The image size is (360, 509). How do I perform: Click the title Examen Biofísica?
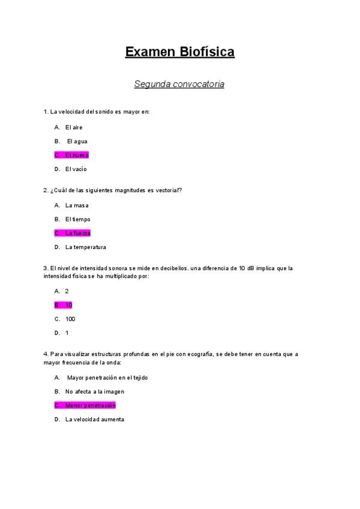179,52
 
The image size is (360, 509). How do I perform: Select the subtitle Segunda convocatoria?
179,84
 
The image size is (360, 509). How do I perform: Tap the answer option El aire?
74,127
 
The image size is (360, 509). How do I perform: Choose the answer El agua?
77,141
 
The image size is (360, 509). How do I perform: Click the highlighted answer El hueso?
76,155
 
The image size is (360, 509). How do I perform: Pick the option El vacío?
76,169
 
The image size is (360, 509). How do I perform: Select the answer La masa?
77,205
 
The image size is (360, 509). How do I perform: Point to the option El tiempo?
77,219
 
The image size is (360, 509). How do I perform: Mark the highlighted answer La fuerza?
77,233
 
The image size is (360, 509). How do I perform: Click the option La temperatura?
85,247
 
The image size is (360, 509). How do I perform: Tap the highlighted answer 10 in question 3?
68,305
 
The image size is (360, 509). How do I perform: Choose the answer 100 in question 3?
70,319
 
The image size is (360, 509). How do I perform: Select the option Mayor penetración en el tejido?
107,378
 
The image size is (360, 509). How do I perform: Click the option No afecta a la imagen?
94,391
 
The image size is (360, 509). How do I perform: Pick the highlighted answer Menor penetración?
90,405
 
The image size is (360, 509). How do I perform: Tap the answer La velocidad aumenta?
94,420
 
